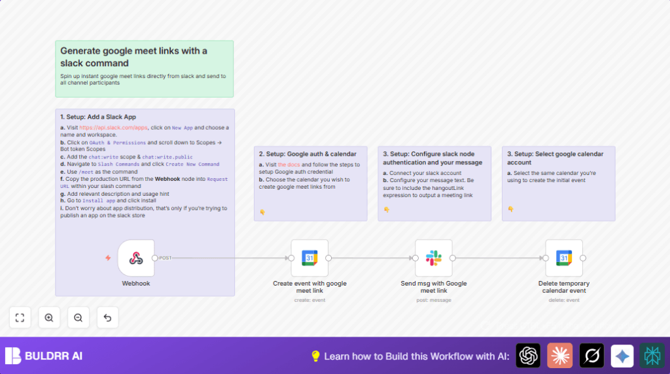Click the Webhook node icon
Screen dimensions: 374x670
point(136,258)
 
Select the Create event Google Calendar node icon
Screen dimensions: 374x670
point(309,258)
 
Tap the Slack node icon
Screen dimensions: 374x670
point(434,258)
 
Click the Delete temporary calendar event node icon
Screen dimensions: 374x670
point(564,258)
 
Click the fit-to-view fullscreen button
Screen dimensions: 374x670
point(20,318)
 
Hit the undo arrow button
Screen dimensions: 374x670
point(107,318)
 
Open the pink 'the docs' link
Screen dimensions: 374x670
point(289,164)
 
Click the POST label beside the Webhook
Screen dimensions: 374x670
point(165,258)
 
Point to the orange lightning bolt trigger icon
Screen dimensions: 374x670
point(108,258)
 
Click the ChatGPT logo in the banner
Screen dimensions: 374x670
point(528,356)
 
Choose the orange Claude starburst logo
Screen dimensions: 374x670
point(560,356)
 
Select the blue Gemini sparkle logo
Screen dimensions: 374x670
point(622,356)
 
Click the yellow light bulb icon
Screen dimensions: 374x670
point(315,356)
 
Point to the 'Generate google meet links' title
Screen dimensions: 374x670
point(133,57)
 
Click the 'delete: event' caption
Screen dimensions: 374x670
point(564,300)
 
